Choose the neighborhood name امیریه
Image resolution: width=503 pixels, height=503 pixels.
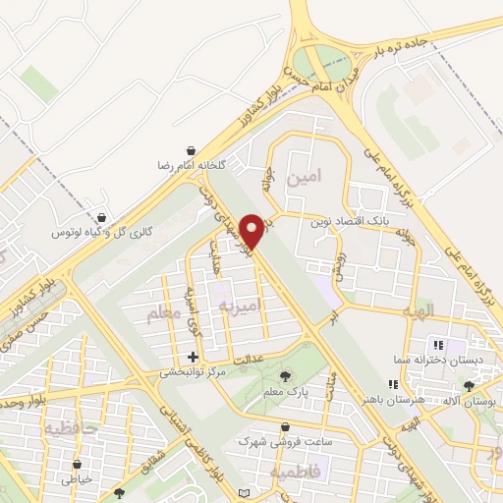(238, 307)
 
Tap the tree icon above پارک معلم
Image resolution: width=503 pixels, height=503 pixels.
(286, 376)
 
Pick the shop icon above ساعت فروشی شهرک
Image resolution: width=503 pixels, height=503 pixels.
(285, 427)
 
